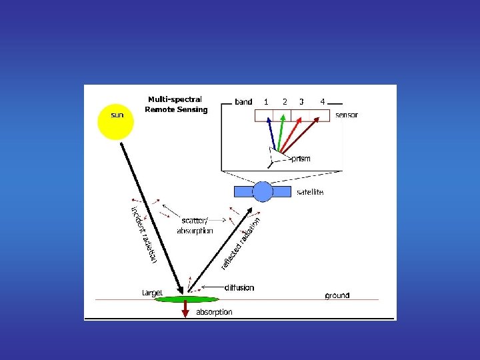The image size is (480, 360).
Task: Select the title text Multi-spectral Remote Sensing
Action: (175, 105)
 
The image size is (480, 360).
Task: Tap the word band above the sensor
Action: (243, 102)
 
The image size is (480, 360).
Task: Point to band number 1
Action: (266, 102)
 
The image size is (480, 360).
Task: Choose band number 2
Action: (285, 102)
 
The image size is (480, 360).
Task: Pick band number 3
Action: (302, 102)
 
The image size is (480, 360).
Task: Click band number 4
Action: (323, 102)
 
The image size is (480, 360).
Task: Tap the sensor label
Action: (346, 115)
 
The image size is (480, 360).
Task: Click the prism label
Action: (301, 159)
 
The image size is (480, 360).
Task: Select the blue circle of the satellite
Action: (263, 192)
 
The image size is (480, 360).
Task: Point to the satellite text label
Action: (310, 192)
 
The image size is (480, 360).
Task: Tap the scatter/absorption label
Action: (195, 225)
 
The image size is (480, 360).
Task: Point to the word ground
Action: (337, 295)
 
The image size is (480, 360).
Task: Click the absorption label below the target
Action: (214, 312)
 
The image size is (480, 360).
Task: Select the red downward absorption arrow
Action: (186, 309)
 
